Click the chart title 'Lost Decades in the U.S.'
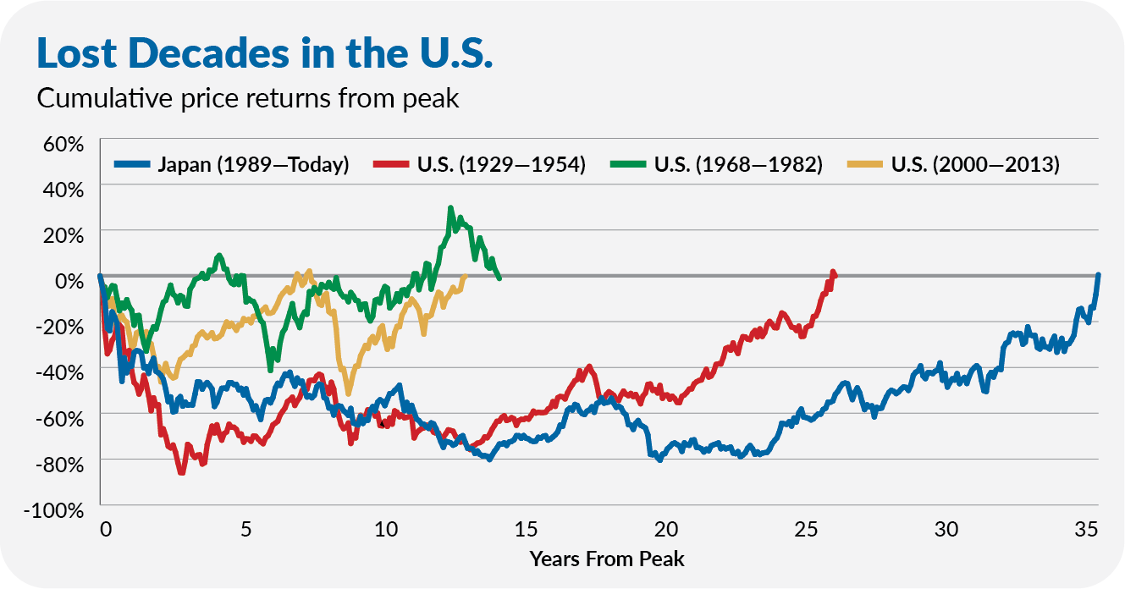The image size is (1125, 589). tap(263, 52)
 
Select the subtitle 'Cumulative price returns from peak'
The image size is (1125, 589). tap(247, 98)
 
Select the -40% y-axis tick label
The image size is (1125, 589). tap(60, 372)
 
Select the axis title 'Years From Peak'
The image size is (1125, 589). tap(606, 559)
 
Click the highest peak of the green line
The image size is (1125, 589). tap(450, 207)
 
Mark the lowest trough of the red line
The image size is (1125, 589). tap(181, 472)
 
